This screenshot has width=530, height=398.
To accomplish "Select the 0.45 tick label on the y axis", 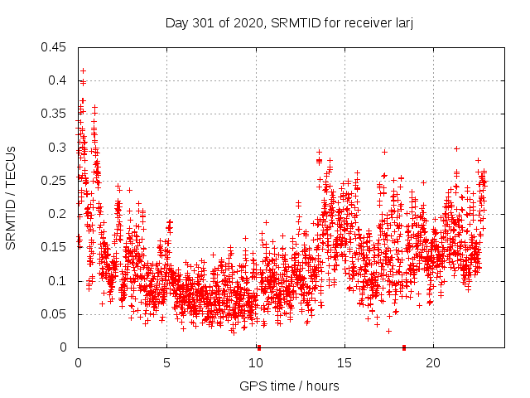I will (x=55, y=47).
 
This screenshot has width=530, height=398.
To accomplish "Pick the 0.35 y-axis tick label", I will (x=55, y=114).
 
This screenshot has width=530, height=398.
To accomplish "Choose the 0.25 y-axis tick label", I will (x=55, y=181).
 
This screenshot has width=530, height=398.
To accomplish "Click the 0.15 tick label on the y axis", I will (x=55, y=247).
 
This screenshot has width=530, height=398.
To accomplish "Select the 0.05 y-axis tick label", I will (x=55, y=314).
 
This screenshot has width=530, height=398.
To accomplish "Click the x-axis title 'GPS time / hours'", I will (x=289, y=386).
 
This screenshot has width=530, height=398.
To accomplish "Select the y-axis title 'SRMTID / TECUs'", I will (x=11, y=197).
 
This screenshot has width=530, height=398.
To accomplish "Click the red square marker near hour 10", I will (x=259, y=347).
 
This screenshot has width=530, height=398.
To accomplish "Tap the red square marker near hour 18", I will (x=404, y=347).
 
